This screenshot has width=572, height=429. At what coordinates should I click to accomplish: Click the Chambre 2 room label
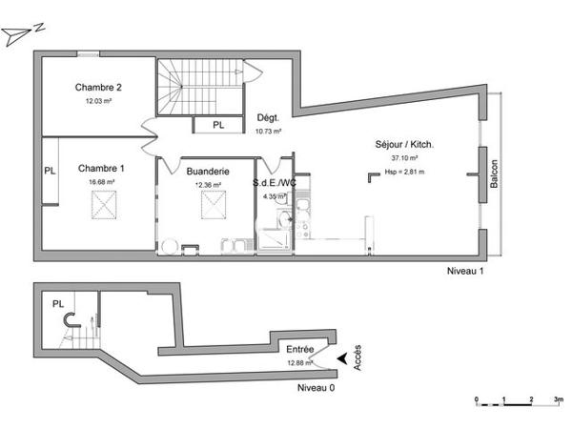[x=99, y=87]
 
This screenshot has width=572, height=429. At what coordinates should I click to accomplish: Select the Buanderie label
[x=207, y=171]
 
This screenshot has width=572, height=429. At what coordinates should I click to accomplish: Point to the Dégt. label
[x=267, y=118]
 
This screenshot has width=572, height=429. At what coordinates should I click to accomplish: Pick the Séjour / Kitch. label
[x=405, y=145]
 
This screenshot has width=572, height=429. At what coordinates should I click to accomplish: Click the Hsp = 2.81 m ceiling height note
[x=405, y=173]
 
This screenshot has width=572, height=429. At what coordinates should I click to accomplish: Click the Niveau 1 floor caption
[x=466, y=272]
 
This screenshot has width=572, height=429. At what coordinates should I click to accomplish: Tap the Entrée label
[x=300, y=350]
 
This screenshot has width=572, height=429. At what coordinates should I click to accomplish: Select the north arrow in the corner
[x=19, y=33]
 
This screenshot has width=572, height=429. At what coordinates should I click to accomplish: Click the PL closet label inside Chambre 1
[x=50, y=172]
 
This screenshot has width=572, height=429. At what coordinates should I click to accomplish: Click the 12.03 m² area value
[x=99, y=100]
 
